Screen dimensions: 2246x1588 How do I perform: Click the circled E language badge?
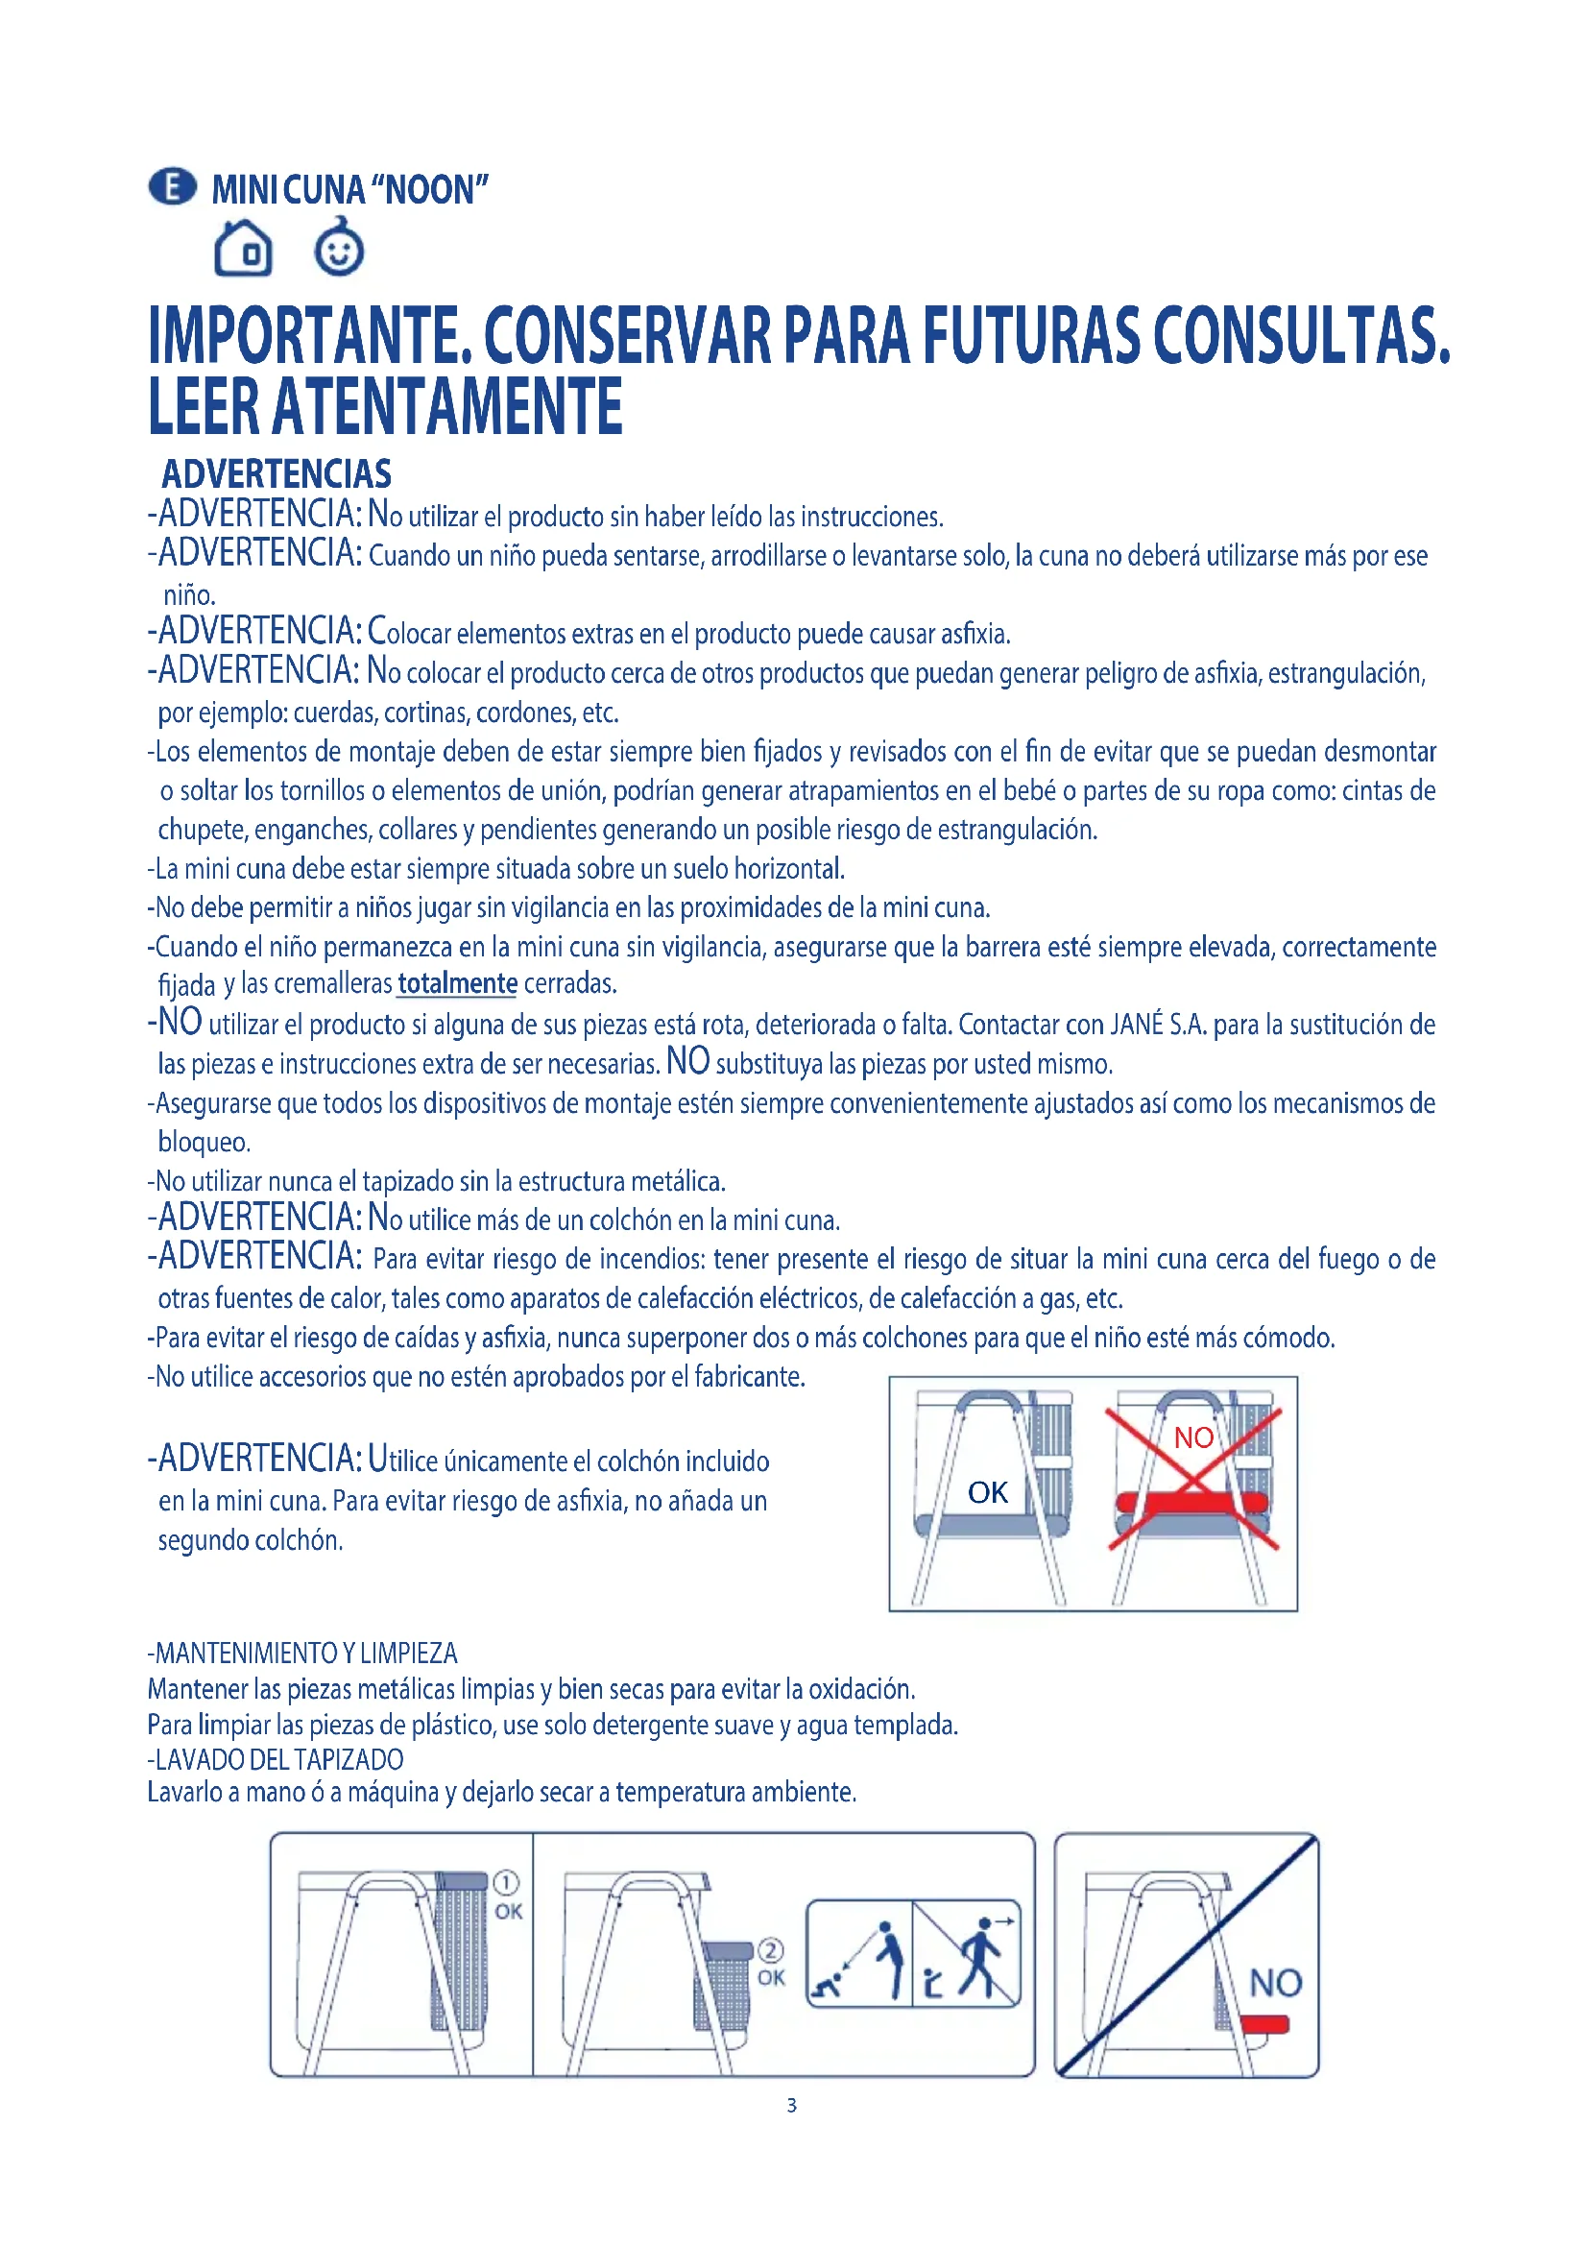[172, 187]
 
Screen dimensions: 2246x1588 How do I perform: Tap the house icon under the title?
[244, 249]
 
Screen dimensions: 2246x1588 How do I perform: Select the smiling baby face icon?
[339, 249]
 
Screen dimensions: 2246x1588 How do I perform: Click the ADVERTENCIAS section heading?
[276, 474]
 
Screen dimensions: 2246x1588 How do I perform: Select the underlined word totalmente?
[457, 983]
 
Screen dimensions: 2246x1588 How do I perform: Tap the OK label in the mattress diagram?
[988, 1492]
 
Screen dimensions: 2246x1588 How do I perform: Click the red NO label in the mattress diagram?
[1193, 1437]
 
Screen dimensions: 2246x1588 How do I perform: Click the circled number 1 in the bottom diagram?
[506, 1882]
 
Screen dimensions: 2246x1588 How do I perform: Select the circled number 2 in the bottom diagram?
[771, 1950]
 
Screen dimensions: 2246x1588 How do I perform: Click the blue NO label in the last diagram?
[1275, 1983]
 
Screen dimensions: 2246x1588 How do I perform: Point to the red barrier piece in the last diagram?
[1264, 2023]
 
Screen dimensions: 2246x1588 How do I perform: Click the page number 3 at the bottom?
[792, 2105]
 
